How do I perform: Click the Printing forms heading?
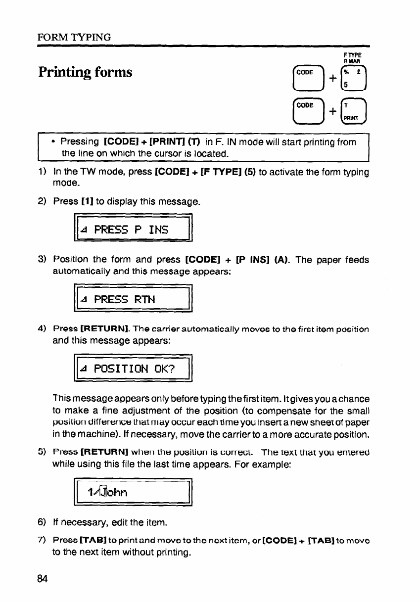[86, 72]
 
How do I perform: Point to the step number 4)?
[43, 329]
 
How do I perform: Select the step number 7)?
[43, 541]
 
